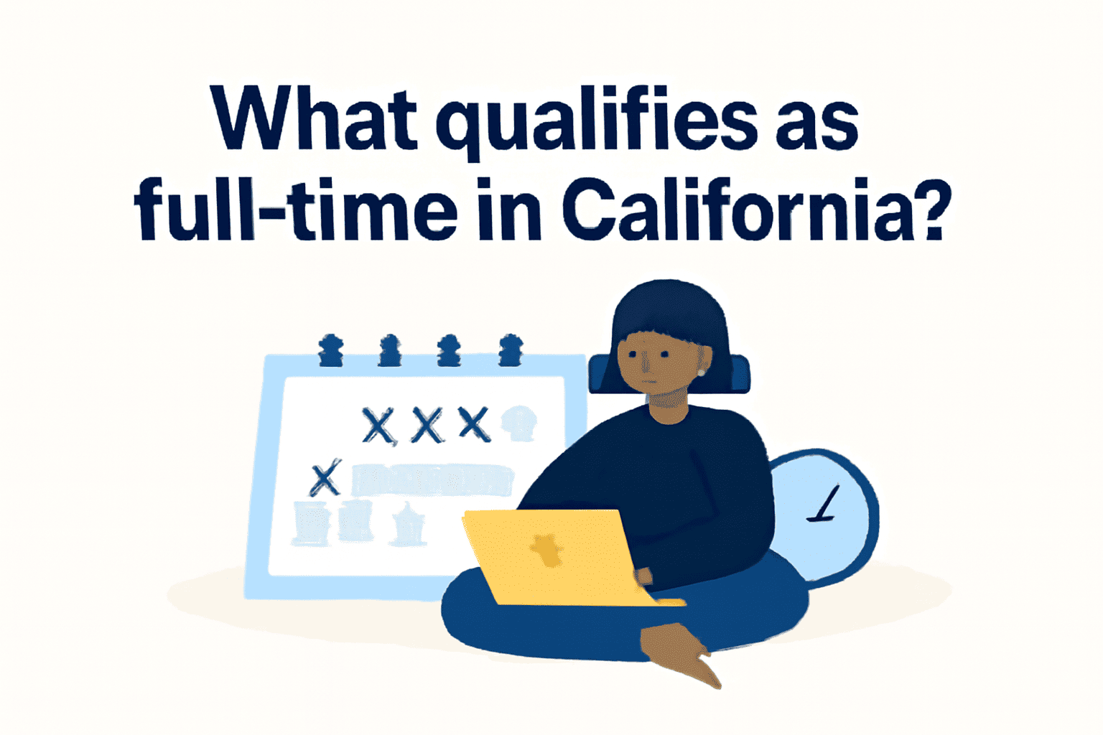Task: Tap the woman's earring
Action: (701, 373)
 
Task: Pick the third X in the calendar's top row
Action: (474, 423)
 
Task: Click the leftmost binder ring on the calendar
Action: (330, 350)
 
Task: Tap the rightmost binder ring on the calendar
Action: (511, 350)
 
